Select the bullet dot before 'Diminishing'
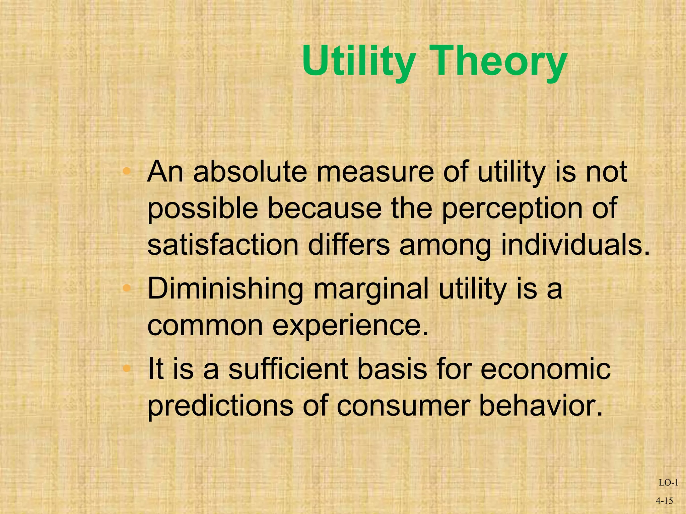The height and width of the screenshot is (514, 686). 126,288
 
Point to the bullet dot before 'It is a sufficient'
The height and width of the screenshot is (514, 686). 126,368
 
